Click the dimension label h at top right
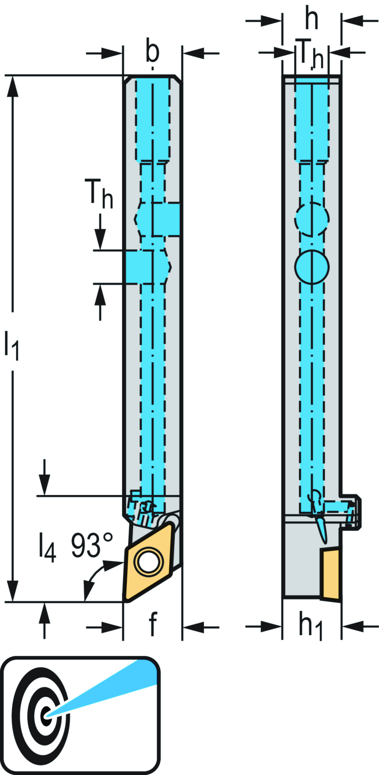point(311,19)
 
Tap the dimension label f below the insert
point(152,624)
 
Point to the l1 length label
point(11,346)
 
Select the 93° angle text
point(91,545)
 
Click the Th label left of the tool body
point(99,194)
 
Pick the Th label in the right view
point(311,54)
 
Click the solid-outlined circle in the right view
point(312,267)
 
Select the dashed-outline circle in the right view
point(312,219)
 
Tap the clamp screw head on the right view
point(354,512)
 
